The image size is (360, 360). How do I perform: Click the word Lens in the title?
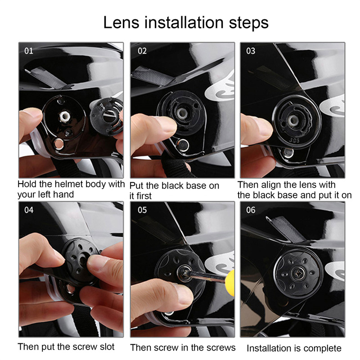pyautogui.click(x=121, y=22)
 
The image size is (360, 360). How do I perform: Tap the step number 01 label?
pyautogui.click(x=29, y=51)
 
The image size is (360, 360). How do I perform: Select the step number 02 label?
pyautogui.click(x=142, y=51)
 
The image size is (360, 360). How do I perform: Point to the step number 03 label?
pyautogui.click(x=251, y=51)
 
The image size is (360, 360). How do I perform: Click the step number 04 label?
pyautogui.click(x=29, y=210)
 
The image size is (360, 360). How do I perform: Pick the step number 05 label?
pyautogui.click(x=142, y=210)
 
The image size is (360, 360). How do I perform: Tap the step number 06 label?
pyautogui.click(x=251, y=210)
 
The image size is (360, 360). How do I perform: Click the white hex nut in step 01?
pyautogui.click(x=64, y=117)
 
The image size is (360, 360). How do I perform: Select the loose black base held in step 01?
pyautogui.click(x=106, y=117)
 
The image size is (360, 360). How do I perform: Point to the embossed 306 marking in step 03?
pyautogui.click(x=294, y=140)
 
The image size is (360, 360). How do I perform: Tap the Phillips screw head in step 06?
pyautogui.click(x=298, y=274)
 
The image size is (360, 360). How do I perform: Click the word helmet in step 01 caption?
pyautogui.click(x=69, y=184)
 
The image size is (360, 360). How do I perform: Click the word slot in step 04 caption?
pyautogui.click(x=107, y=346)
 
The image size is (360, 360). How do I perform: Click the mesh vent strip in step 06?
pyautogui.click(x=286, y=229)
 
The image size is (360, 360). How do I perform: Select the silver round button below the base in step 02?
pyautogui.click(x=183, y=145)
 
